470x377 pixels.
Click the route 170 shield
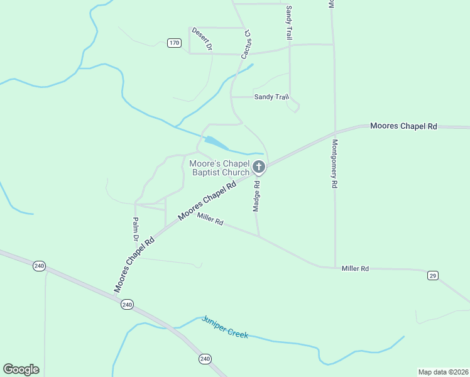point(175,43)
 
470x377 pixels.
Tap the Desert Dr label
point(202,39)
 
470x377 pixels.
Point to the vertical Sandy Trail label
point(289,23)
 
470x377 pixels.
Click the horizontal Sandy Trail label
point(271,97)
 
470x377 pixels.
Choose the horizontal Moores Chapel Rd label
point(403,126)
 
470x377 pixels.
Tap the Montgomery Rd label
point(335,164)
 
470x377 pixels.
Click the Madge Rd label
point(256,195)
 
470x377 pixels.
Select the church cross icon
point(259,167)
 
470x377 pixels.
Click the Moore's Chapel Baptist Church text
point(219,168)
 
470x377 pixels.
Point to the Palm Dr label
point(135,230)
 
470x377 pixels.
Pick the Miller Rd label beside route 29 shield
point(355,268)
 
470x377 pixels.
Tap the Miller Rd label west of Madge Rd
point(210,219)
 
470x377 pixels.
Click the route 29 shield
point(432,275)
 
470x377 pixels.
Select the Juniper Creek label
point(225,327)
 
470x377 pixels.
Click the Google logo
point(21,369)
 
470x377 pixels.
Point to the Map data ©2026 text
point(443,371)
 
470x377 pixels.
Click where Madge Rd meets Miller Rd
point(260,236)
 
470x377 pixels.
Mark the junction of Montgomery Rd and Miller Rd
point(335,267)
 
